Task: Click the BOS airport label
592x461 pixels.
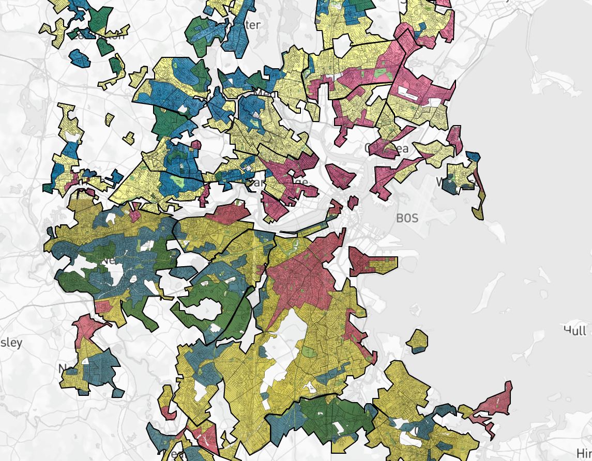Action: tap(406, 218)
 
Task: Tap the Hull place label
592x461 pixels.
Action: tap(575, 330)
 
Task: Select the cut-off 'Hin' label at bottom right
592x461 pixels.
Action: tap(584, 453)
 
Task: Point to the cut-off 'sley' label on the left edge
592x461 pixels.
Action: tap(10, 343)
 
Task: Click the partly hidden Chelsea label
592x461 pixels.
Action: tap(387, 149)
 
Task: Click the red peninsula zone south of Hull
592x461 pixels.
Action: tap(494, 403)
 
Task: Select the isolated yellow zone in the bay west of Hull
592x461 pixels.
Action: tap(417, 341)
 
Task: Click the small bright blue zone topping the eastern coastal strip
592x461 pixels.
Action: tap(473, 157)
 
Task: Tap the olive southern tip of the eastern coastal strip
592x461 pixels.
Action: tap(479, 212)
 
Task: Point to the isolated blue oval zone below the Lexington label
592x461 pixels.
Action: tap(80, 58)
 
